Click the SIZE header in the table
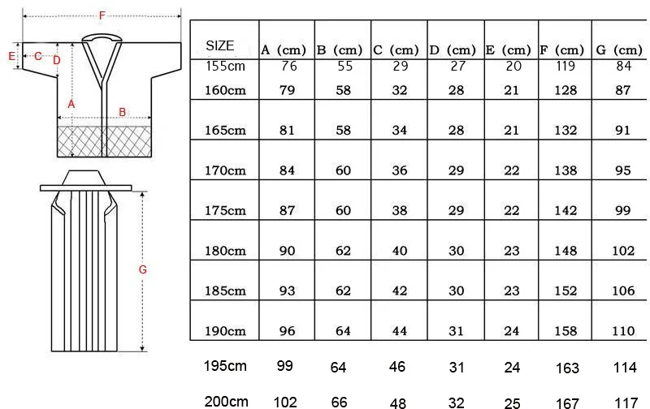[220, 46]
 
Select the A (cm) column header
[284, 50]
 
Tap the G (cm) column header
[619, 50]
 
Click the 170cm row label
[225, 170]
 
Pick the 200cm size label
[226, 401]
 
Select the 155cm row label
[225, 67]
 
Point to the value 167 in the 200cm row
[567, 402]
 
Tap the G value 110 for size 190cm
[624, 331]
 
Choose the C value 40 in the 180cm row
[400, 251]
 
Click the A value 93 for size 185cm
[287, 291]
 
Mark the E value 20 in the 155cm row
[511, 67]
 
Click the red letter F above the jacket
[101, 15]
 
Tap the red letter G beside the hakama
[142, 269]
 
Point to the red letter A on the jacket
[71, 104]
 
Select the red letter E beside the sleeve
[11, 56]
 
